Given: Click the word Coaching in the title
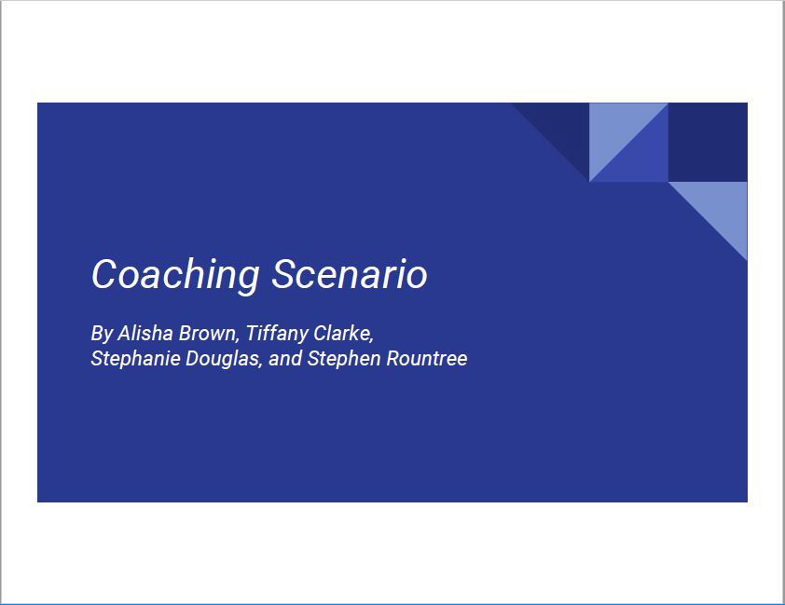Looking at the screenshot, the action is coord(175,275).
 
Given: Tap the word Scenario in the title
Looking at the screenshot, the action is coord(350,274).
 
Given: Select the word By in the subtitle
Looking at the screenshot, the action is coord(103,334).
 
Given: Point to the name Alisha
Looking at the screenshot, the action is coord(145,334).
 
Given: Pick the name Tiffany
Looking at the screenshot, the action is coord(277,334).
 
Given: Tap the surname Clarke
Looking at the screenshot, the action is coord(343,334).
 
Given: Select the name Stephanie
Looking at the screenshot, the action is coord(136,359).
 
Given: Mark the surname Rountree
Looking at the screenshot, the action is coord(427,358).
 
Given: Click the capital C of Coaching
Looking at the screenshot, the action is coord(103,274).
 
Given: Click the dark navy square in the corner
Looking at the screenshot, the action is coord(708,142).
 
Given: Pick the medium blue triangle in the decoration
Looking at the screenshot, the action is coord(641,156).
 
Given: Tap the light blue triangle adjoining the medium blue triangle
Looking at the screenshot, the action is coord(615,129).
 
